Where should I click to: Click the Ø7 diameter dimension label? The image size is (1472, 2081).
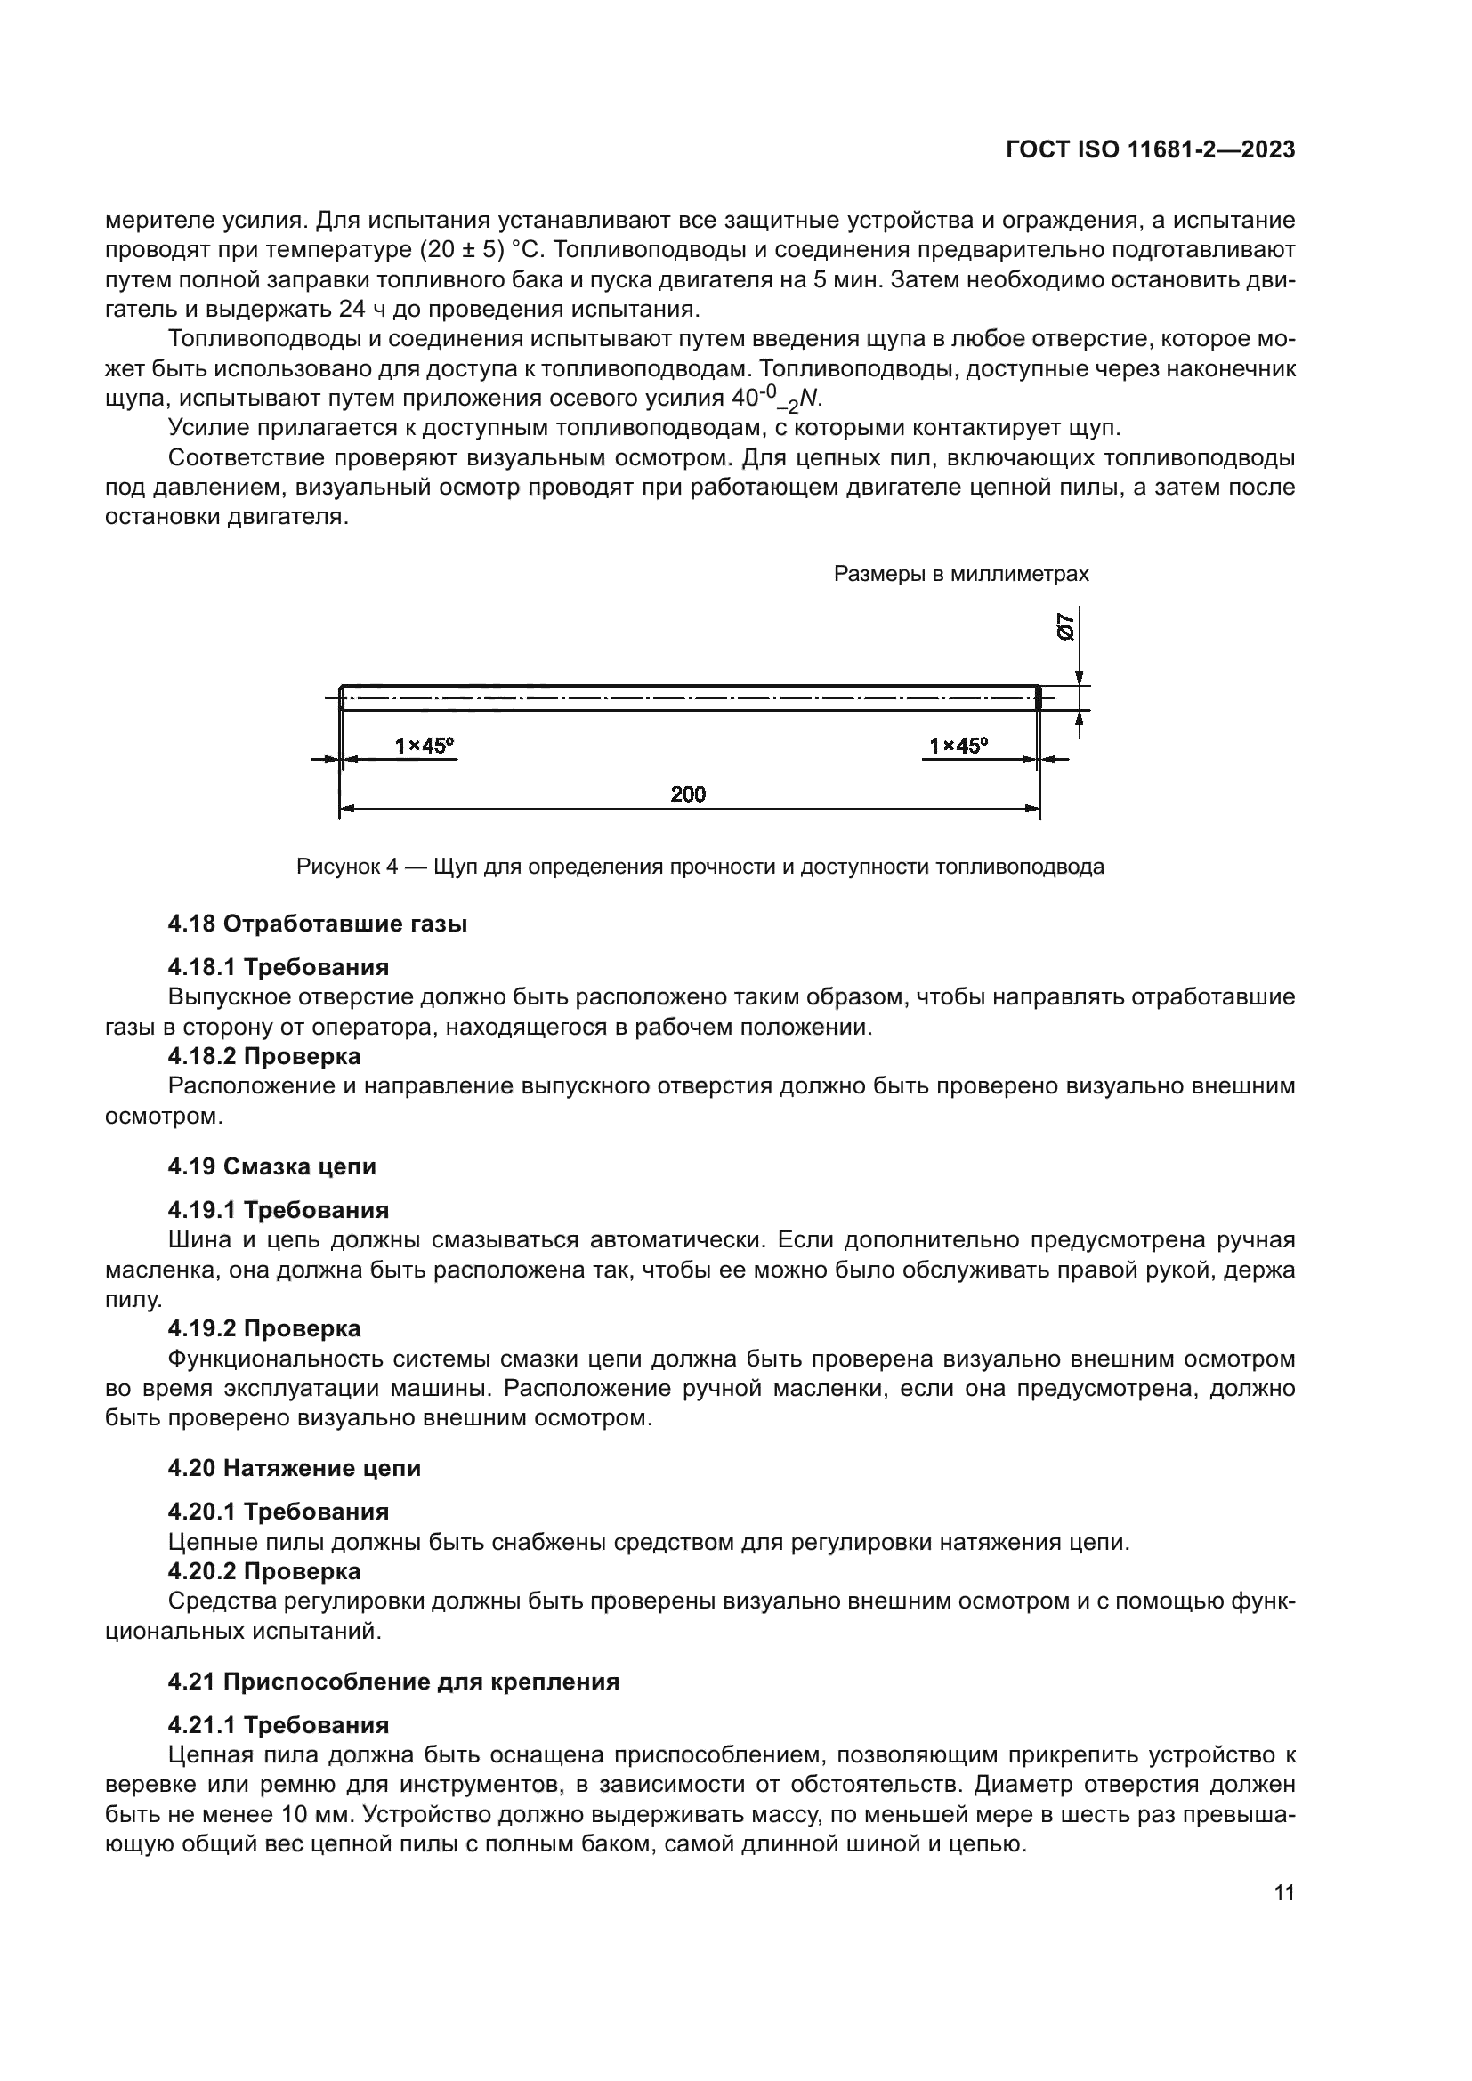click(1067, 627)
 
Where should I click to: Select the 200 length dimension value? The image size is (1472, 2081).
click(688, 794)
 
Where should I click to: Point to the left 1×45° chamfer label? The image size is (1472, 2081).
click(425, 746)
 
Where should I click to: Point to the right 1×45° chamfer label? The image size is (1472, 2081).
click(958, 746)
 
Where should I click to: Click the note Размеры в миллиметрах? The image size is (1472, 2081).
click(961, 574)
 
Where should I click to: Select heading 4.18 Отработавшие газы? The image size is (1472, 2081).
click(317, 924)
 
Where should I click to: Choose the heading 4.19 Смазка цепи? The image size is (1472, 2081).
click(272, 1166)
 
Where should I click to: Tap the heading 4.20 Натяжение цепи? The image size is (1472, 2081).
click(295, 1468)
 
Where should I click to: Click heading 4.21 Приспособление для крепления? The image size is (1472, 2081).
click(393, 1682)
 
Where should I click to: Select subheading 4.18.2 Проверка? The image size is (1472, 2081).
click(263, 1056)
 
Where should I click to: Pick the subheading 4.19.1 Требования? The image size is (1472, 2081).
click(279, 1210)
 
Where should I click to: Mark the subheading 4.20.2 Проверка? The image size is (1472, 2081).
click(263, 1570)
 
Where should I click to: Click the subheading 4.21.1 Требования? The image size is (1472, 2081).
click(279, 1725)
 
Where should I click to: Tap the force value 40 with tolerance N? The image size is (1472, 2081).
click(776, 399)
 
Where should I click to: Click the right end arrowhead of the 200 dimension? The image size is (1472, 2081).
click(1033, 808)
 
